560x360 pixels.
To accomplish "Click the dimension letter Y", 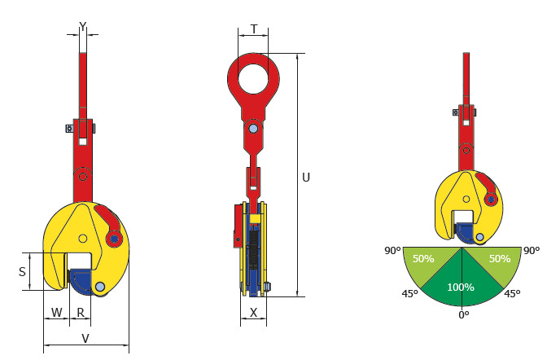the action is pos(82,27).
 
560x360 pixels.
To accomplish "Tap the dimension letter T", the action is pos(254,29).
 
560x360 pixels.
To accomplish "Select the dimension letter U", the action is pos(306,178).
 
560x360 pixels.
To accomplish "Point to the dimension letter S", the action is pos(22,272).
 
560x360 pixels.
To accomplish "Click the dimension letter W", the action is pos(56,313).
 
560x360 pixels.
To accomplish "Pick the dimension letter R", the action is pos(81,313).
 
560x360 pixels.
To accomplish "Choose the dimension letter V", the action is pos(85,338).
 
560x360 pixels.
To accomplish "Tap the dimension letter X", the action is pos(253,313).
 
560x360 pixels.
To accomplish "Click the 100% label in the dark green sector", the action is pos(461,287).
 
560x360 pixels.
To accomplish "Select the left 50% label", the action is pos(423,258).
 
